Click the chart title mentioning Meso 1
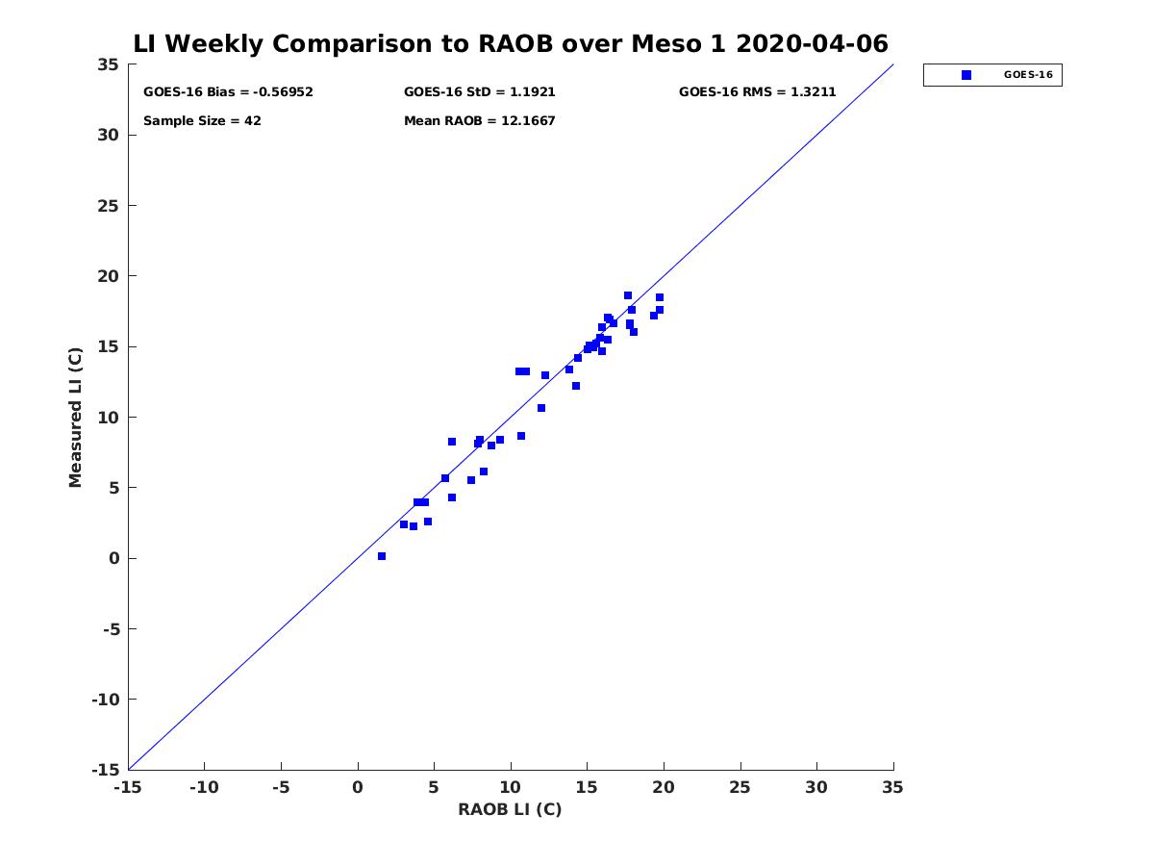coord(510,43)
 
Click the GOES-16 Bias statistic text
coord(228,92)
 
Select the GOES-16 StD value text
coord(480,92)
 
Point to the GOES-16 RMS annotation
coord(757,92)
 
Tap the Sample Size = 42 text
coord(202,121)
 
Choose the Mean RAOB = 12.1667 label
coord(480,121)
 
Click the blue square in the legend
coord(966,75)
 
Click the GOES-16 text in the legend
coord(1028,75)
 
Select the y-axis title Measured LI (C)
coord(75,418)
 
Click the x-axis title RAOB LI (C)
coord(510,809)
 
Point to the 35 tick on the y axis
coord(109,64)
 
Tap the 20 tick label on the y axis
coord(109,276)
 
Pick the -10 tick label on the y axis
coord(106,700)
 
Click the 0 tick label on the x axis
coord(358,787)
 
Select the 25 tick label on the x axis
coord(740,787)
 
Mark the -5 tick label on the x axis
coord(281,787)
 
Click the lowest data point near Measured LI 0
coord(382,556)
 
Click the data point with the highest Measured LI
coord(628,295)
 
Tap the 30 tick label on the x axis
coord(816,787)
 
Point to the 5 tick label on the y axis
coord(114,488)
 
